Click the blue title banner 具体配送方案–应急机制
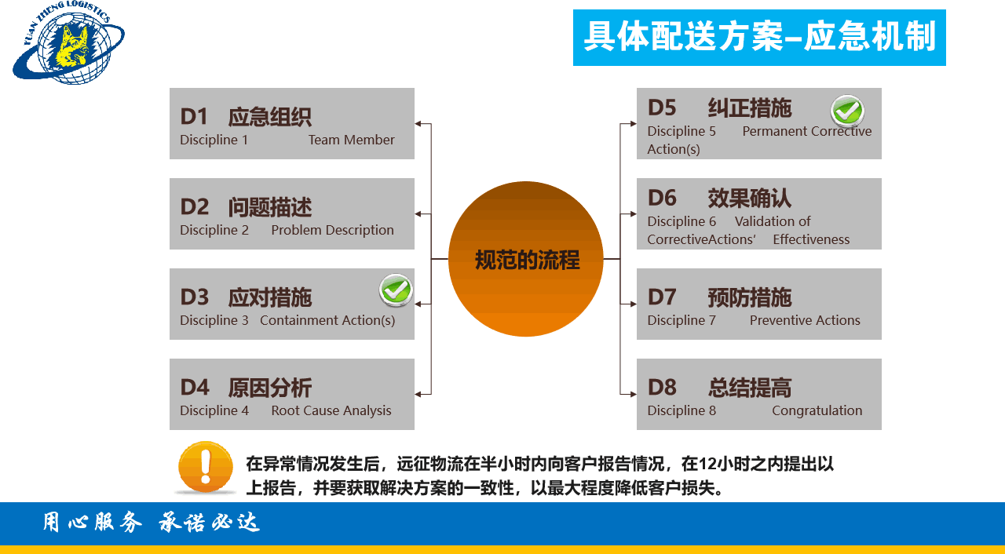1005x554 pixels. (x=759, y=38)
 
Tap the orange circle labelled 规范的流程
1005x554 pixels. (x=526, y=259)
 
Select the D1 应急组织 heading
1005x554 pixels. (x=246, y=117)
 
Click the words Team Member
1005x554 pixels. (x=351, y=140)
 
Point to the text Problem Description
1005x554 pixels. (x=332, y=230)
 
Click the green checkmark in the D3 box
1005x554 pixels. (x=396, y=290)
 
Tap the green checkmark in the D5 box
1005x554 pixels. (x=847, y=111)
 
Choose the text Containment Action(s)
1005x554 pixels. (x=327, y=320)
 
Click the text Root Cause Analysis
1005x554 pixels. (x=331, y=410)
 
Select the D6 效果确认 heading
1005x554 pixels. (x=719, y=198)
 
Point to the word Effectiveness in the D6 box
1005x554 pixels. (x=811, y=239)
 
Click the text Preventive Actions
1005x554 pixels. (x=805, y=320)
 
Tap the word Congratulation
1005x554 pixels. (x=817, y=410)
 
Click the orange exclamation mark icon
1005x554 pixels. (x=206, y=467)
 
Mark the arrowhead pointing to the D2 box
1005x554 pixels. (x=418, y=214)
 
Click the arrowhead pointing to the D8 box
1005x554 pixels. (x=632, y=394)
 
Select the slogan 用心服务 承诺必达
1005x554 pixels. (x=151, y=523)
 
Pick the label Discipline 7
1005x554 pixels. (x=682, y=320)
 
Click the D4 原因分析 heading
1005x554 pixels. (x=246, y=388)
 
